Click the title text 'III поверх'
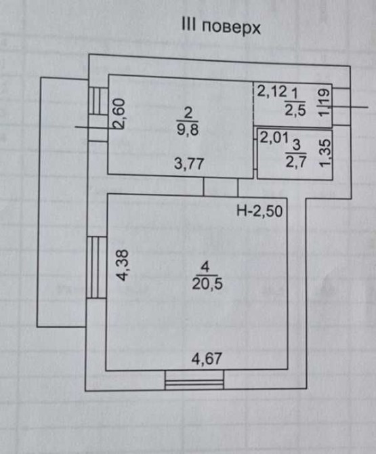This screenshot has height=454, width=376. [221, 26]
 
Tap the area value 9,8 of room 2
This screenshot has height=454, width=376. [188, 129]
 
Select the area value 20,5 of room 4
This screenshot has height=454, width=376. [207, 283]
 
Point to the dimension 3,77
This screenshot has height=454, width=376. [189, 164]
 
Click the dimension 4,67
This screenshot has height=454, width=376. [207, 358]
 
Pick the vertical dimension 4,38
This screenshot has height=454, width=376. [123, 265]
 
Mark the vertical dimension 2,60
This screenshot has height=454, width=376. [119, 114]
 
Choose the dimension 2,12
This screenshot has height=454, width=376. [272, 91]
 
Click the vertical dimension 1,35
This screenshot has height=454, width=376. [325, 153]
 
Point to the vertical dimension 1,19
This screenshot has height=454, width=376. [325, 102]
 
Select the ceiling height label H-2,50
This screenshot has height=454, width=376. [259, 211]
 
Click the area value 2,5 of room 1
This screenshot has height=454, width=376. [295, 110]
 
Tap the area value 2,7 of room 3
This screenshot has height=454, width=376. [296, 161]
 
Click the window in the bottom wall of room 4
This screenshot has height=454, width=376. [194, 379]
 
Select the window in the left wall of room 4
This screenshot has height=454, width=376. [97, 267]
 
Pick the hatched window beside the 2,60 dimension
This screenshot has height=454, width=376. [98, 101]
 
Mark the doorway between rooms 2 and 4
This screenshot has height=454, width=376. [221, 186]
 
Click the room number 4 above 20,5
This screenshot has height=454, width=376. [205, 267]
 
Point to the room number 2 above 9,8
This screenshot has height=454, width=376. [188, 113]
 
